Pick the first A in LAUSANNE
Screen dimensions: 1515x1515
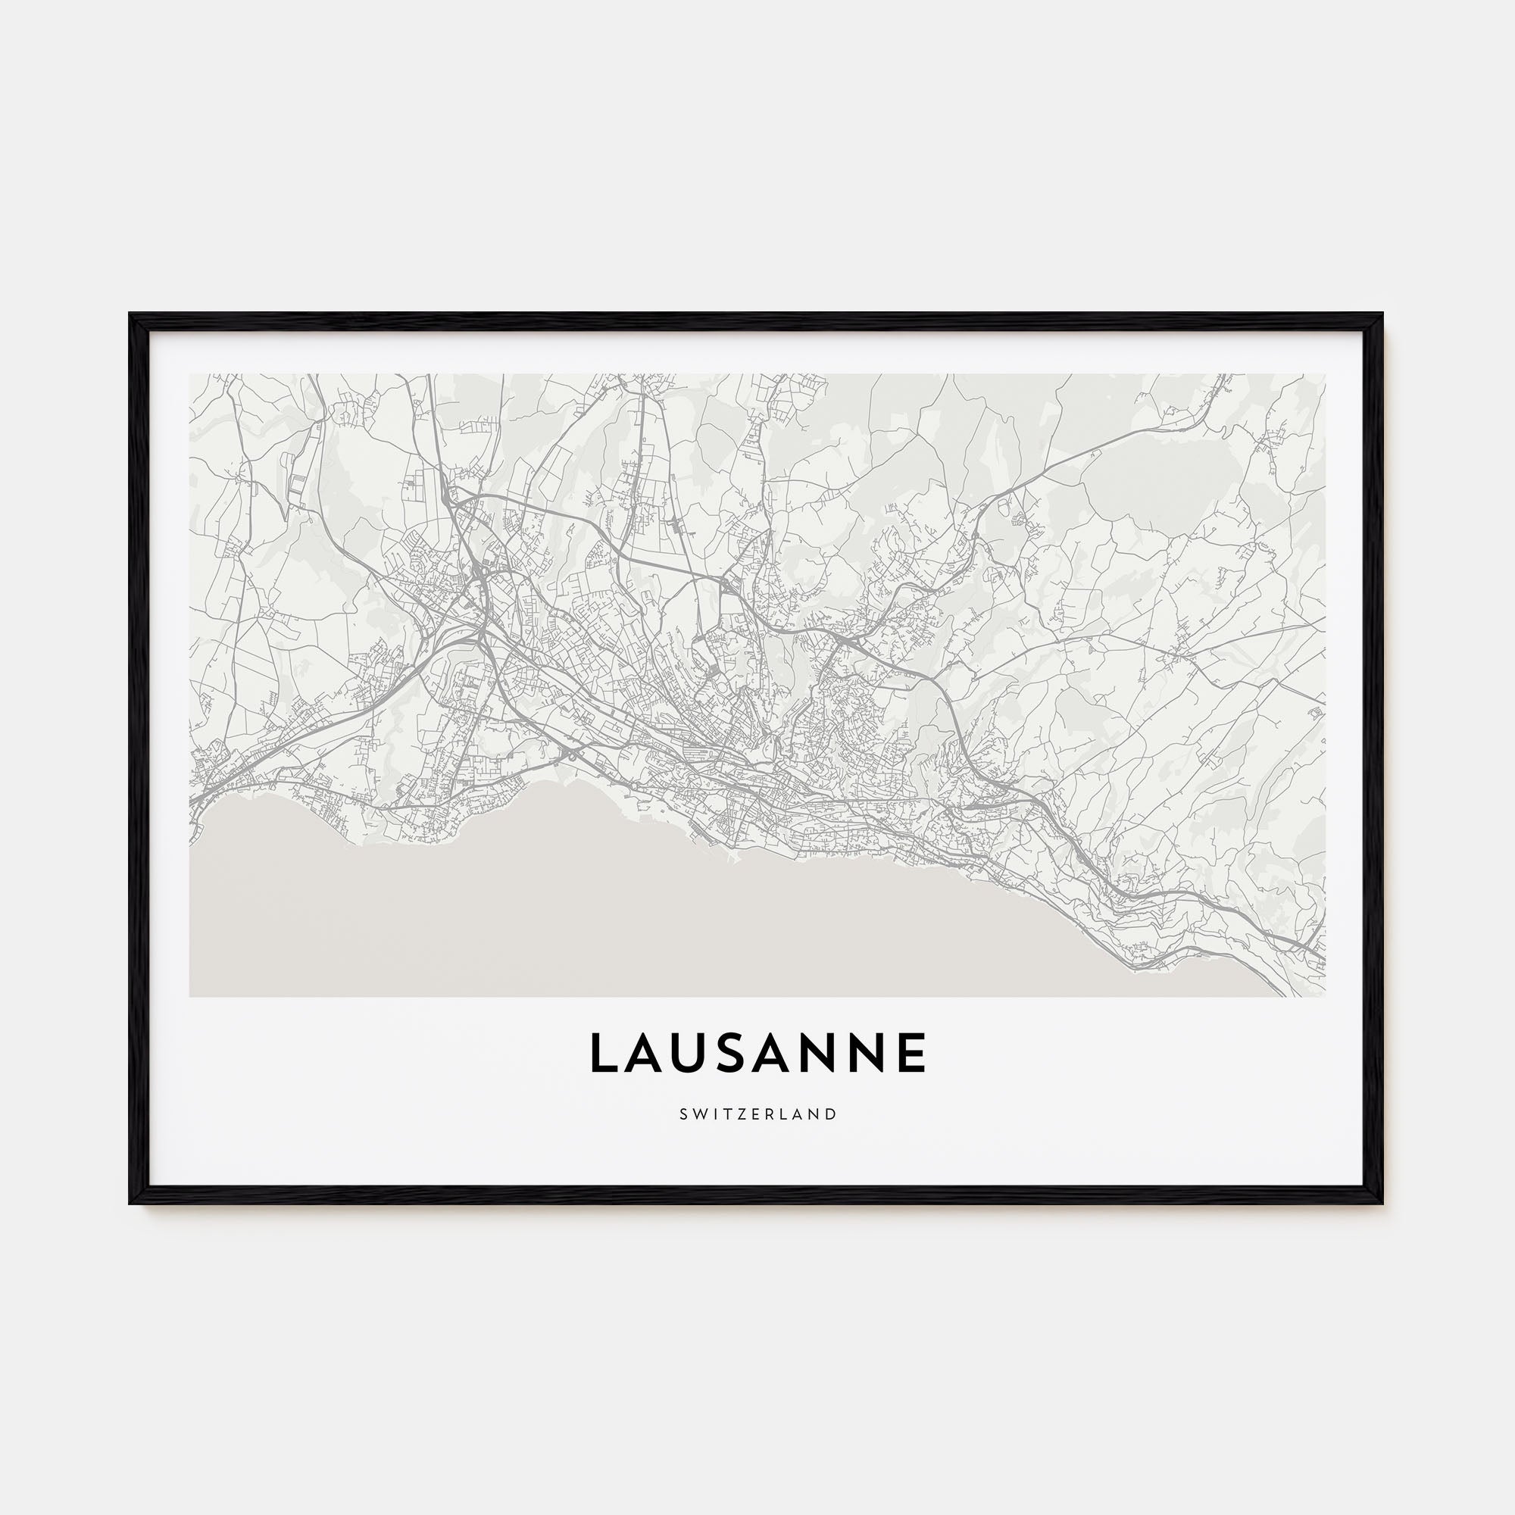pos(647,1053)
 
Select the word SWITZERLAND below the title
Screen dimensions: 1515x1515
pos(757,1114)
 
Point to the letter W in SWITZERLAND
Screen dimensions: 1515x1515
pos(698,1114)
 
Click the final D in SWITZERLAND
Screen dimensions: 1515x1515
pos(832,1114)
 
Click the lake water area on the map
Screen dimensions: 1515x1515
pos(627,926)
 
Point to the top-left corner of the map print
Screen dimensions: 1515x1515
pos(191,374)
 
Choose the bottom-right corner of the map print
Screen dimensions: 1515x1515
pos(1325,996)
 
